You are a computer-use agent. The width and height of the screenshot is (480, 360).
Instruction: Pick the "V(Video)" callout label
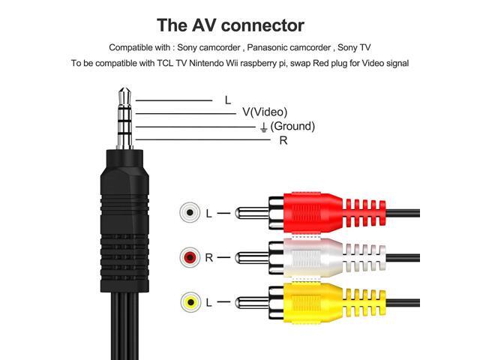(x=264, y=112)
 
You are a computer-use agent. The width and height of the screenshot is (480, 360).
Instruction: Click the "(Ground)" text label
(x=292, y=126)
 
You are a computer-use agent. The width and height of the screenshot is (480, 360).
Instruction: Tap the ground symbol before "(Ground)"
(x=263, y=127)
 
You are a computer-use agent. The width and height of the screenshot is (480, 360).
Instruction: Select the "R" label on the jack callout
(x=283, y=140)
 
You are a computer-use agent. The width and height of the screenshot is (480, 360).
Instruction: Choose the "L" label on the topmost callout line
(x=227, y=100)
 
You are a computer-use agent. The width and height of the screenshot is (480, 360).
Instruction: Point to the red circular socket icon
(x=190, y=258)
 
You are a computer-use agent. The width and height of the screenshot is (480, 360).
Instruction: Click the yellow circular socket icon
(x=190, y=302)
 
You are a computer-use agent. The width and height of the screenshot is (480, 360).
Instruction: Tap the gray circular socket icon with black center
(x=190, y=213)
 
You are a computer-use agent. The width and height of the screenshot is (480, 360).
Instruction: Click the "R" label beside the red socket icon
(x=209, y=258)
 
